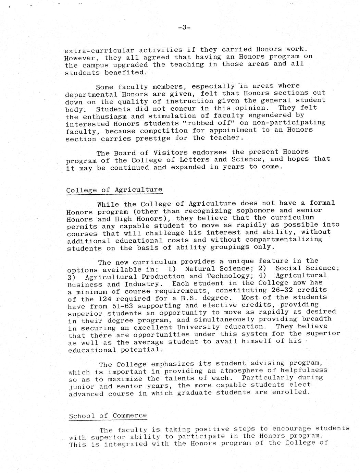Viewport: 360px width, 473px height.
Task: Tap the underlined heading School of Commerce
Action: click(108, 416)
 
